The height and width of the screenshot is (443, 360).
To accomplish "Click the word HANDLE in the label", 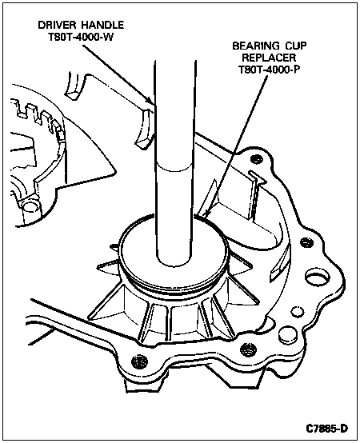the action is (102, 25).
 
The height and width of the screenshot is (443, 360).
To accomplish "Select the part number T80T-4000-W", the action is (81, 38).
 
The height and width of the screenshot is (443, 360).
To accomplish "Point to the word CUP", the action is (295, 46).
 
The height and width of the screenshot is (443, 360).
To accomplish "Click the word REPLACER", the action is (269, 58).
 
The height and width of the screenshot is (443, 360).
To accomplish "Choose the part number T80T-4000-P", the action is (269, 70).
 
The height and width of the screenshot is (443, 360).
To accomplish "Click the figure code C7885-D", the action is (327, 429).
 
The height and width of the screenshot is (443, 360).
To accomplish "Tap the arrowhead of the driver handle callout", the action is (150, 101).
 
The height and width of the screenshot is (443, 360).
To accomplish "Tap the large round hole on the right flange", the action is (318, 278).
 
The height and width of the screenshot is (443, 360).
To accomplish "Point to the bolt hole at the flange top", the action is (257, 159).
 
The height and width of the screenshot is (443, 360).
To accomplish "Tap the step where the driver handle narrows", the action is (174, 166).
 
